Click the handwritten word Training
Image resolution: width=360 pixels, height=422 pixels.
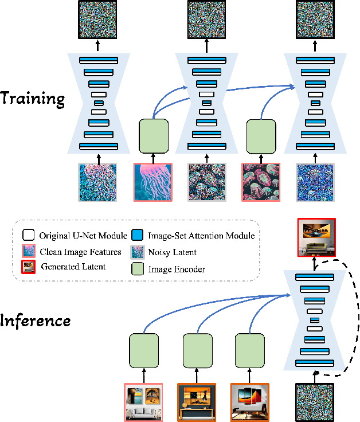[x=33, y=98]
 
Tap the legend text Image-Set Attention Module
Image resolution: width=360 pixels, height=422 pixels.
[x=201, y=235]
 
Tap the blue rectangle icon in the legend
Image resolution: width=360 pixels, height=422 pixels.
[x=138, y=235]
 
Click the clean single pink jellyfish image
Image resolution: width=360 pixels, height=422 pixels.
[x=153, y=181]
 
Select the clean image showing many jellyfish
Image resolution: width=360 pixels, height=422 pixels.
[x=261, y=181]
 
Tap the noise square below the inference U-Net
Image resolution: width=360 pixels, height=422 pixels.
[x=315, y=403]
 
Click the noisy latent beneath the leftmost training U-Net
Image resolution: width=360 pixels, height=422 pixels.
[x=97, y=181]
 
